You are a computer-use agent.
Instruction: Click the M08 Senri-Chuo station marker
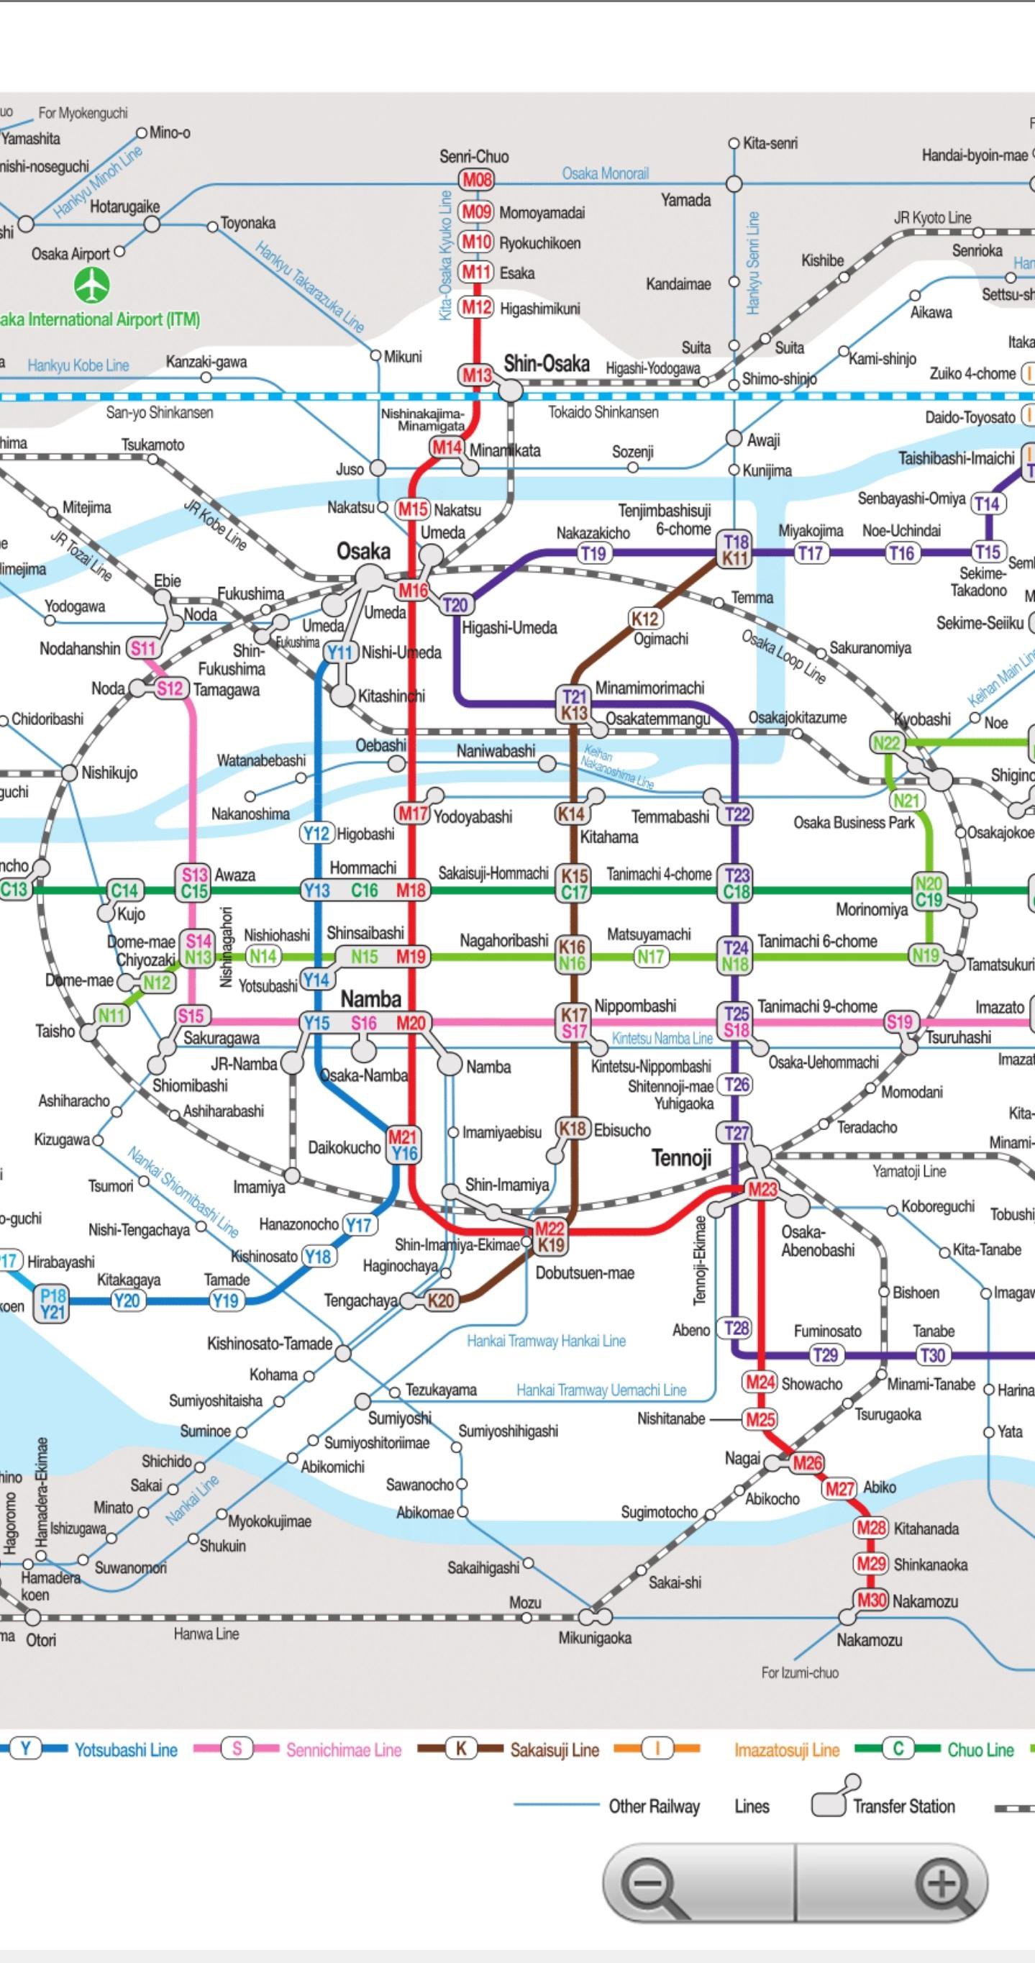[475, 181]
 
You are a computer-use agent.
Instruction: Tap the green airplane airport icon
[91, 285]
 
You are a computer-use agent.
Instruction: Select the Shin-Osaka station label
[546, 363]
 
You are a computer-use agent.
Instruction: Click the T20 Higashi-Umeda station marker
[455, 605]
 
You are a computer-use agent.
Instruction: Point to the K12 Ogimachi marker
[644, 618]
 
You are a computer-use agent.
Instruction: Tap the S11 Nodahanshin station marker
[142, 649]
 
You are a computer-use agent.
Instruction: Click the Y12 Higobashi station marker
[316, 834]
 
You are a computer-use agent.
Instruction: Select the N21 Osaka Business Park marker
[906, 801]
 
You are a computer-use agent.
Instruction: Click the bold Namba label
[370, 998]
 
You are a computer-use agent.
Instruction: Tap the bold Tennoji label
[680, 1158]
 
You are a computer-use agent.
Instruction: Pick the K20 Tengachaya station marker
[440, 1300]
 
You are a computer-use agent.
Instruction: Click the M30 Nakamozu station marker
[871, 1600]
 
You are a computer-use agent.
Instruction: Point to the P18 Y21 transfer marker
[53, 1304]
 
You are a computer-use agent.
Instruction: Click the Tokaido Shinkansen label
[603, 412]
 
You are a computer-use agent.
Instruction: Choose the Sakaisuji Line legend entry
[554, 1750]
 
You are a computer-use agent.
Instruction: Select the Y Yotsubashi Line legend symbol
[26, 1749]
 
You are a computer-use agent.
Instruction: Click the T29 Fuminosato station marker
[826, 1354]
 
